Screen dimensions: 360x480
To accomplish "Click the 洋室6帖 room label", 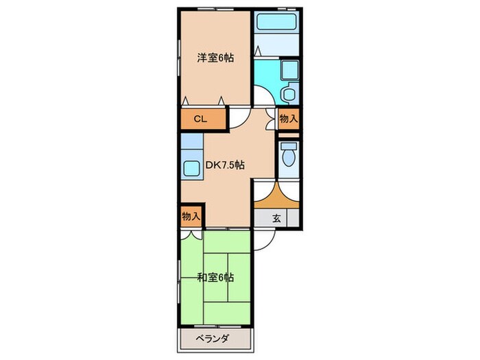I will pos(215,58).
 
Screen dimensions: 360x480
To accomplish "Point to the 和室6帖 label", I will pos(215,278).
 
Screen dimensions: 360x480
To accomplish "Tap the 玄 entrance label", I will pos(276,219).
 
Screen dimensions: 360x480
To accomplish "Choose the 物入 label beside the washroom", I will pos(289,118).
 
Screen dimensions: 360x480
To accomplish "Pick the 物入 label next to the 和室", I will pos(191,216).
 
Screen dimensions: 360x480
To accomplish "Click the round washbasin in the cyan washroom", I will pos(289,94).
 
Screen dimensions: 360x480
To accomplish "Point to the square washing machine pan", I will pos(289,69).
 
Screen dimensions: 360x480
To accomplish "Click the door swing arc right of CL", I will pos(237,118).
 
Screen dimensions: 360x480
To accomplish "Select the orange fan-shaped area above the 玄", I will pos(276,197).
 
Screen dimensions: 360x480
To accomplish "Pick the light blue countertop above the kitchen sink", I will pos(190,145).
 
